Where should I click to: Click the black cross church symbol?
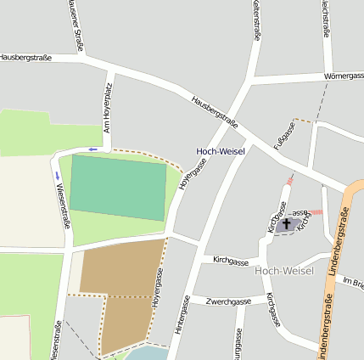[x=287, y=224]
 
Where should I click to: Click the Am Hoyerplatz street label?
[x=107, y=110]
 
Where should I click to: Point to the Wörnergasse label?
[x=343, y=76]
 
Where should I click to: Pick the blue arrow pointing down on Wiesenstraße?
[x=57, y=177]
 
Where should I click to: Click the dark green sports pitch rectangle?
[x=118, y=188]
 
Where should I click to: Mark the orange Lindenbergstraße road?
[x=336, y=280]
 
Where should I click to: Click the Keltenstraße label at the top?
[x=256, y=20]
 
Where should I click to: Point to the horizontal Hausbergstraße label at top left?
[x=25, y=57]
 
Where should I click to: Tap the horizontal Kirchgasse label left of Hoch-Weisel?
[x=230, y=260]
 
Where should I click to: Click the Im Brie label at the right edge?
[x=353, y=282]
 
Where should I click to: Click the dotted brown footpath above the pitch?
[x=144, y=154]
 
